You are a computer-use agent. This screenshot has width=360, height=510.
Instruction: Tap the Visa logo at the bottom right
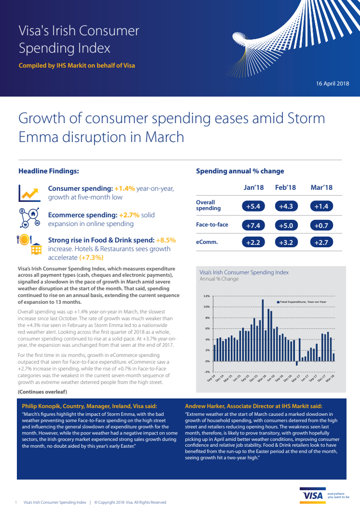312,496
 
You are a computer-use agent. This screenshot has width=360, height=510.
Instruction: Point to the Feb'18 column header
285,187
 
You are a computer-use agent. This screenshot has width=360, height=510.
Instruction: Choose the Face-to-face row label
212,225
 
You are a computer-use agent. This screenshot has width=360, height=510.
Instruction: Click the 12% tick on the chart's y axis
207,296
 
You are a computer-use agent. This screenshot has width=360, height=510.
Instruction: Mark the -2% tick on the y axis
207,372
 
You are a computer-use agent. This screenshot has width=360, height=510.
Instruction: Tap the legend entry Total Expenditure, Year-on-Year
302,301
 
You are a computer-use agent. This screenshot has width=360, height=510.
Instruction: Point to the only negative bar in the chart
296,364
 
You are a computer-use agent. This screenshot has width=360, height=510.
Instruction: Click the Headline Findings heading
49,171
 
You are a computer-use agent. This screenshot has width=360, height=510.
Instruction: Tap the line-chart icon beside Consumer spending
29,193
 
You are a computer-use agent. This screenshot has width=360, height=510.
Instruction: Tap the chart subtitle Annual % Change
219,279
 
